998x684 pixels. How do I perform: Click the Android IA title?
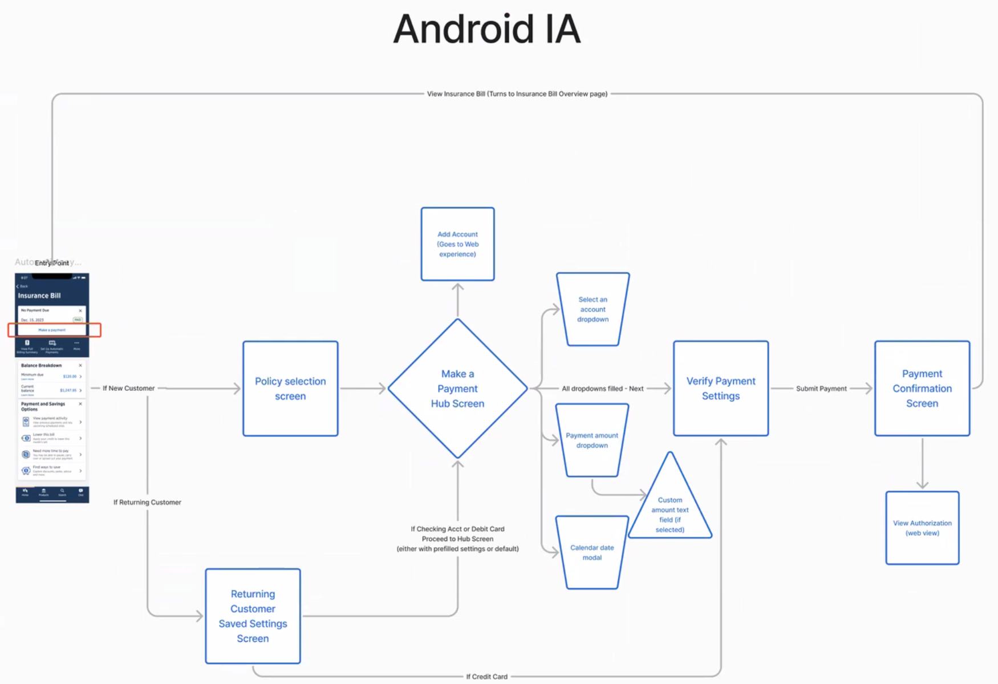486,30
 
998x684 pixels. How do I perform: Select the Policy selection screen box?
290,388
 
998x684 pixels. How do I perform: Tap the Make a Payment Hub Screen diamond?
457,388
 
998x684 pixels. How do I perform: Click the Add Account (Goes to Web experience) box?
457,244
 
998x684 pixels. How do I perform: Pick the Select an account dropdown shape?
593,309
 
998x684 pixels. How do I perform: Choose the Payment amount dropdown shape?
592,440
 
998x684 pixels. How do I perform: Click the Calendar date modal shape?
592,552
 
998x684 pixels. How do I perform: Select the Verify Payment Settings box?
721,388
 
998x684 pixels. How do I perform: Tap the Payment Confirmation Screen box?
922,388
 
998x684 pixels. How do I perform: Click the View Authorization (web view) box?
922,528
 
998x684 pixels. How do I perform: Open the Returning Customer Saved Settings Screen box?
253,616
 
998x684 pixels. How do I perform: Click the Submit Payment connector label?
821,388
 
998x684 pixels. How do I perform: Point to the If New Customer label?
128,388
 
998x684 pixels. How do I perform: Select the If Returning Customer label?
147,502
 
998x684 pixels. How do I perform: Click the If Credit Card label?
486,677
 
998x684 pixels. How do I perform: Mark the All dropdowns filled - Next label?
602,388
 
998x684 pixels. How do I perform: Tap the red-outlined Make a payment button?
52,330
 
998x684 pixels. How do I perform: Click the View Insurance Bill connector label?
517,94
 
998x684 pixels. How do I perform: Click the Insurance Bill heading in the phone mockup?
39,296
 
